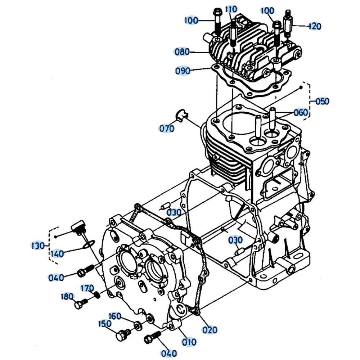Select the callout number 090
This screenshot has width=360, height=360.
click(183, 71)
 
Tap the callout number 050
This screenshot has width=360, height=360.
click(322, 101)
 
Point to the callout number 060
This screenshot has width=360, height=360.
click(301, 112)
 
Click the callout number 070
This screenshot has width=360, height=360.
click(167, 129)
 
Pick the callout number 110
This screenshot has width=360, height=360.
click(231, 9)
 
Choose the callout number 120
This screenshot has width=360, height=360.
click(315, 26)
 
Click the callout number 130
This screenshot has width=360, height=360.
click(38, 246)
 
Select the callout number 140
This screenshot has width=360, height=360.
click(57, 254)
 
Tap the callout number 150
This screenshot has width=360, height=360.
click(105, 324)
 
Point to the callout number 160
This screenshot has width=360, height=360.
click(114, 316)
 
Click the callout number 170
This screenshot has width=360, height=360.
click(87, 288)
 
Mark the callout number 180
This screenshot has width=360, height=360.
click(67, 296)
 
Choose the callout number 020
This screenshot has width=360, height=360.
click(210, 330)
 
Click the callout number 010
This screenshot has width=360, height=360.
click(189, 342)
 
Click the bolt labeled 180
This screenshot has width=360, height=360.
click(81, 303)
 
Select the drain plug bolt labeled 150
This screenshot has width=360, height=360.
click(123, 335)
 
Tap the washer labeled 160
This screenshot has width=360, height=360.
click(138, 325)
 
